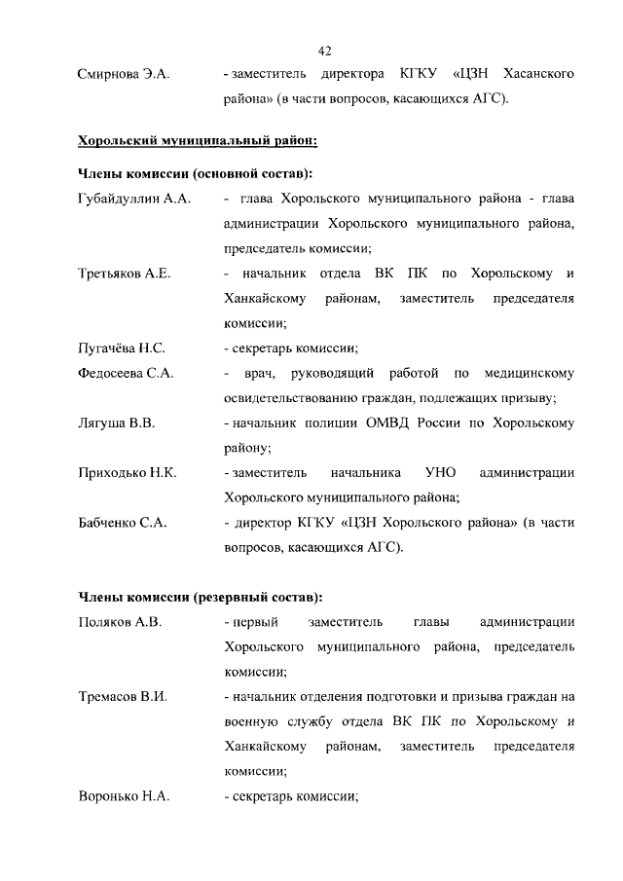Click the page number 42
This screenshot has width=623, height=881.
click(324, 51)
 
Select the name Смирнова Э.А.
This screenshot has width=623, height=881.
click(124, 75)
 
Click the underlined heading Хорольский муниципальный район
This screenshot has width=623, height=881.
click(197, 142)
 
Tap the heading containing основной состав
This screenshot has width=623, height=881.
click(195, 173)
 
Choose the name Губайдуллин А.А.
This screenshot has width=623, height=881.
click(133, 199)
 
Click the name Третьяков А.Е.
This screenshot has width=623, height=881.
click(124, 274)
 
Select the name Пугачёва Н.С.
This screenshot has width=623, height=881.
click(121, 349)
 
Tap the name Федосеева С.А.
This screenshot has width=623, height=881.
click(126, 374)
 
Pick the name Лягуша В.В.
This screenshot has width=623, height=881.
click(116, 423)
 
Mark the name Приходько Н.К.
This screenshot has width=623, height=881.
click(127, 473)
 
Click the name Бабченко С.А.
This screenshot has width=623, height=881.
click(122, 523)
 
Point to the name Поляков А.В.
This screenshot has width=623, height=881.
click(119, 622)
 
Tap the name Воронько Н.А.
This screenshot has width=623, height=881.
click(124, 796)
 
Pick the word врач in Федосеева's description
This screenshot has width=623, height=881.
click(263, 374)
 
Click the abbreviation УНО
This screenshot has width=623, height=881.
click(440, 473)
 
